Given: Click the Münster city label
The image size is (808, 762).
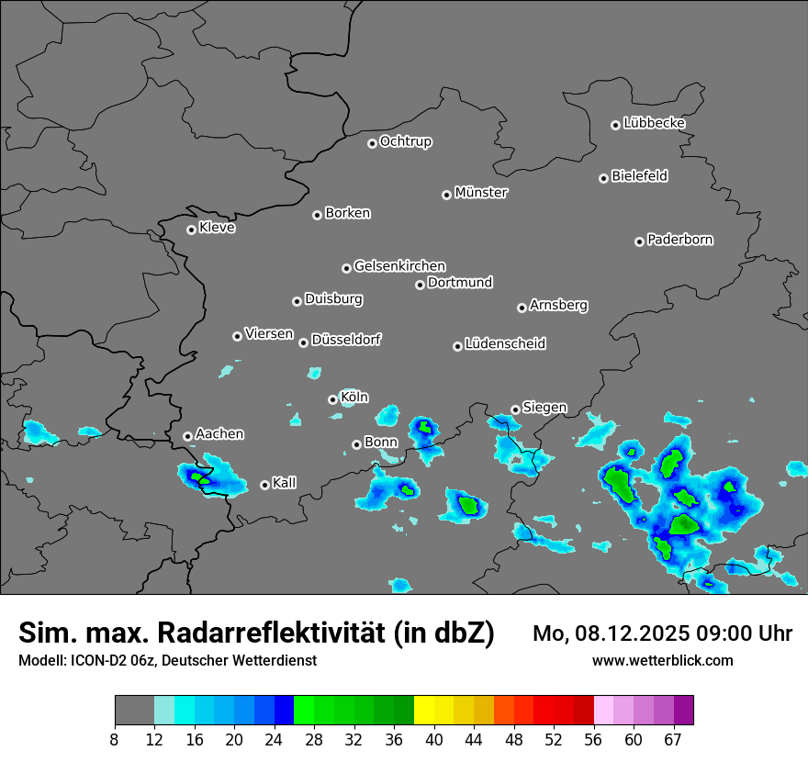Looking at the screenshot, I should coord(481,193).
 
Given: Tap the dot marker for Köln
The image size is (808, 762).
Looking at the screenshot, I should coord(332,399).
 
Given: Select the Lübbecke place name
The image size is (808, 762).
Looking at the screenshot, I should coord(654,123).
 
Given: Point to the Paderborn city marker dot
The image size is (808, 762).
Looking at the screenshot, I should coord(639,241).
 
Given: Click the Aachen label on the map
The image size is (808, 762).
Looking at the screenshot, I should coord(219,434).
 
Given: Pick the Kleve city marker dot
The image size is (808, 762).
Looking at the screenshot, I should coord(191,230).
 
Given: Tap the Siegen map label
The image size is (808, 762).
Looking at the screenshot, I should coord(544,408).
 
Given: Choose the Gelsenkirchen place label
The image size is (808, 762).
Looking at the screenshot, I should coord(399,266).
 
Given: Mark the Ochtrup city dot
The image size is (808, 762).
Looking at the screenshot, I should coord(372,143).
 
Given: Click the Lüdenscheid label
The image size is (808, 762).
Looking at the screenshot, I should coord(505,344).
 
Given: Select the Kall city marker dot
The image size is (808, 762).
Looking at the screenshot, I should coord(264,485).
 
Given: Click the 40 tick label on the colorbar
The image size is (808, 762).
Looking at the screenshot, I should coord(434,740).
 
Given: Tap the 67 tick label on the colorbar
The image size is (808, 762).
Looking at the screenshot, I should coord(673,740).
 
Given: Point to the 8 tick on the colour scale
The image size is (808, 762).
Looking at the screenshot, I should coord(115,740).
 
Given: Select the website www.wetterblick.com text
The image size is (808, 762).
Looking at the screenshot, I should coord(662,660).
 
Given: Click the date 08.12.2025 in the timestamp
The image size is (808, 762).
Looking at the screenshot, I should coord(633,633).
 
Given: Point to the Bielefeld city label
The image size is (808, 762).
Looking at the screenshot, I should coord(639,176).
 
